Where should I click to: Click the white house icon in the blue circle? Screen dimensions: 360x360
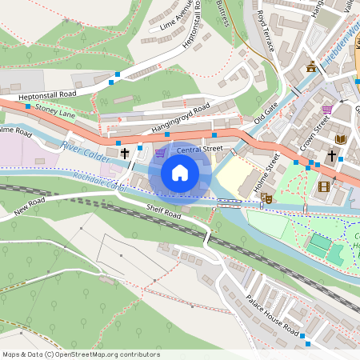click(x=180, y=172)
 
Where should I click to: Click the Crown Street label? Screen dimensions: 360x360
click(x=315, y=134)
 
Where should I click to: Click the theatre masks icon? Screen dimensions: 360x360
click(x=267, y=197)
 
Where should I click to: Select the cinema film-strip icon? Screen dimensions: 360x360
click(x=323, y=186)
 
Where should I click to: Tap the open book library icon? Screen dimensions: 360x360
click(x=341, y=139)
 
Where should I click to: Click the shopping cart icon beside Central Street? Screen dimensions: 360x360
click(x=160, y=152)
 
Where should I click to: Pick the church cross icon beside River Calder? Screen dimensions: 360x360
click(x=125, y=152)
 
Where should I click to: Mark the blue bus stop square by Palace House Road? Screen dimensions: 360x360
click(x=303, y=345)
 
